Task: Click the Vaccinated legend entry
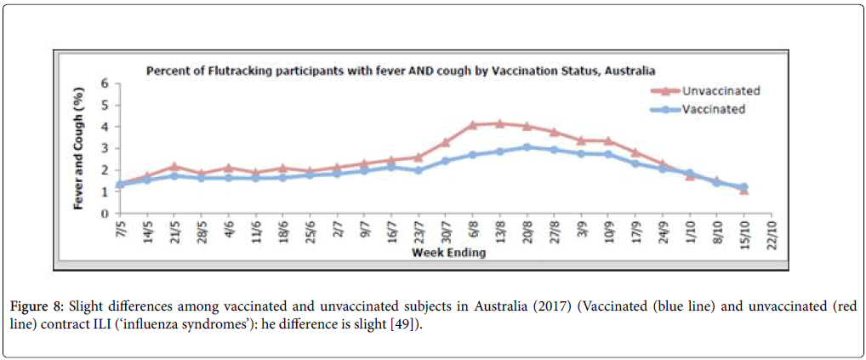click(713, 109)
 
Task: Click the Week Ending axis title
click(448, 253)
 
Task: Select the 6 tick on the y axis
click(105, 83)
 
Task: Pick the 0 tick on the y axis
click(105, 214)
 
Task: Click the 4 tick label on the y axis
click(105, 127)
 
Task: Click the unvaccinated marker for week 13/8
click(499, 123)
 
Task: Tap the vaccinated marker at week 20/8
click(527, 147)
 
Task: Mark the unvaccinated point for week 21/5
click(174, 167)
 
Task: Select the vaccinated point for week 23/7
click(418, 170)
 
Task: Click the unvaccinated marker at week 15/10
click(744, 190)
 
